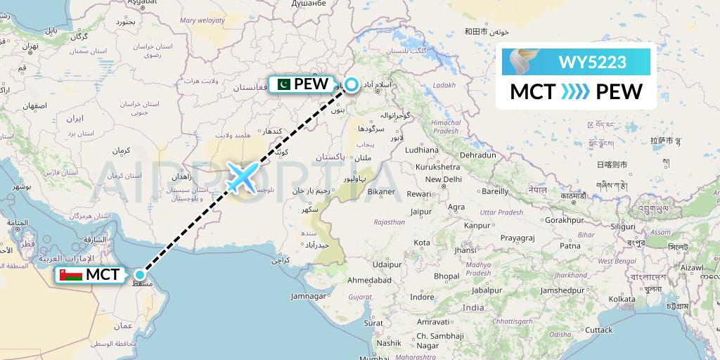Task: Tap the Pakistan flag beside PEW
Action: [283, 84]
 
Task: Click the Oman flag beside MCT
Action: [69, 275]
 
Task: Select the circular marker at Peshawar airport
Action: [351, 84]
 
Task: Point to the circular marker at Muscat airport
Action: [141, 275]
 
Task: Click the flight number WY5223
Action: [592, 62]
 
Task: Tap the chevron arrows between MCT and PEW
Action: [576, 92]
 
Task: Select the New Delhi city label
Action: [442, 179]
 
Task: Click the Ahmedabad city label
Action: [369, 281]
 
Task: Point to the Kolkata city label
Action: [602, 299]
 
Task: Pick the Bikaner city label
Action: [381, 191]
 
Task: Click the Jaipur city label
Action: [420, 211]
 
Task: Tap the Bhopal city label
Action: [446, 276]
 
